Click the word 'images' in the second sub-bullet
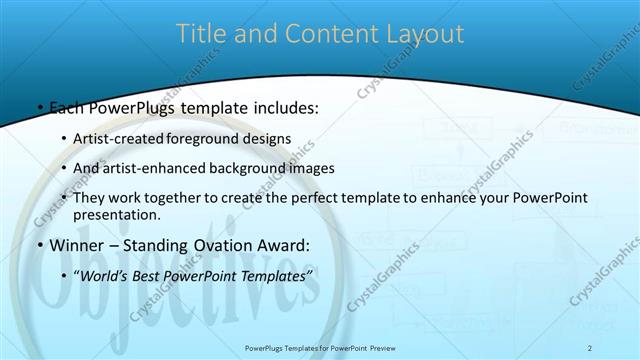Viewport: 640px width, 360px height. (312, 168)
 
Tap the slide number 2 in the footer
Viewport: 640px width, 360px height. (590, 347)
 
